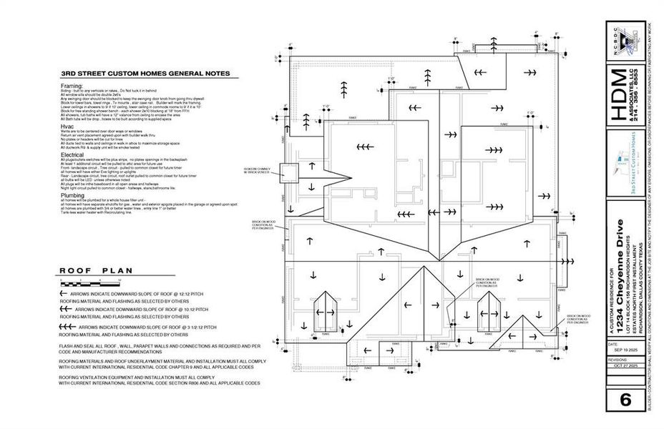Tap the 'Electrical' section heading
tap(73, 154)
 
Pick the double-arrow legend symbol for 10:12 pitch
tap(67, 310)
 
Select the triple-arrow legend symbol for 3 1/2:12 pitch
tap(68, 326)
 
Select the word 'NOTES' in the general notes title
tap(214, 73)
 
